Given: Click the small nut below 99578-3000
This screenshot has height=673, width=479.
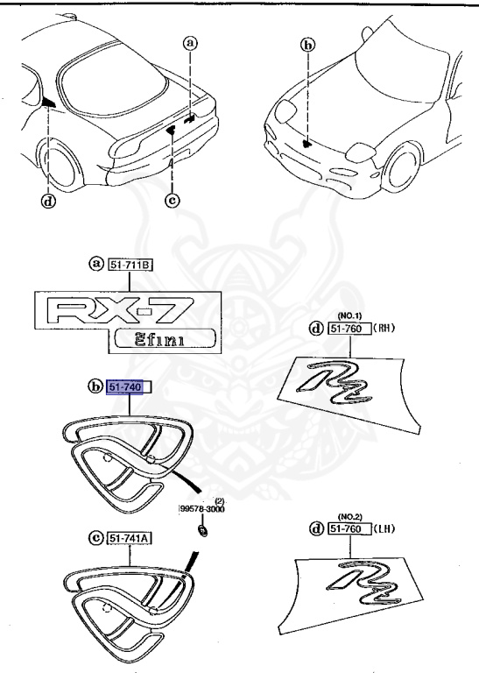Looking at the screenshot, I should [203, 529].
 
